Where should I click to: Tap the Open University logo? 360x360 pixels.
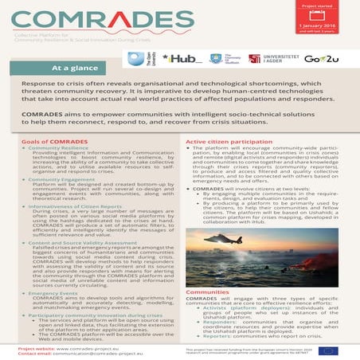[x=136, y=60]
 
